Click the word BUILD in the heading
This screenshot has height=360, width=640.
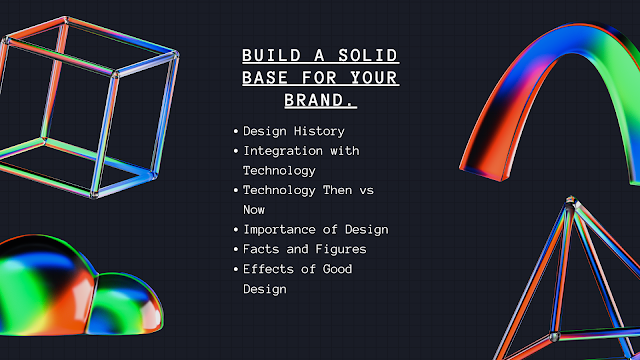[265, 55]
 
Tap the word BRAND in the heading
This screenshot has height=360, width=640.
[320, 100]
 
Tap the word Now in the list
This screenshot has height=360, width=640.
[255, 210]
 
